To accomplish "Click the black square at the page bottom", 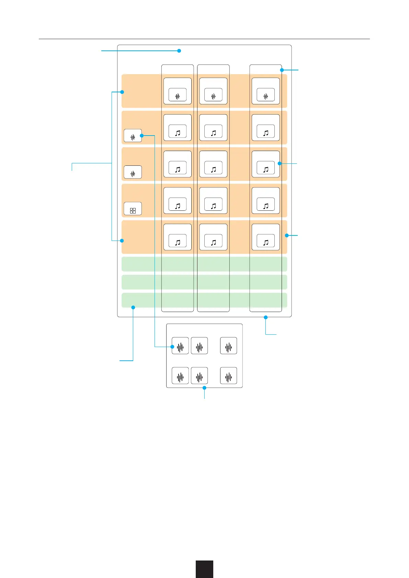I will point(204,569).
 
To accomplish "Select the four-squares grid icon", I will point(133,210).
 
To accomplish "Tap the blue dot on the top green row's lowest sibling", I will point(133,307).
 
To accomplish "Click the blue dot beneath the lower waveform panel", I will point(204,388).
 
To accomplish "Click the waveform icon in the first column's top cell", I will point(178,96).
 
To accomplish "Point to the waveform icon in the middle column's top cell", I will point(213,96).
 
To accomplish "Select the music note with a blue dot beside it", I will point(266,169).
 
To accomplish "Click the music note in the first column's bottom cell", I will point(178,242).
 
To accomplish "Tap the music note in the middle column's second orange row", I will point(213,133).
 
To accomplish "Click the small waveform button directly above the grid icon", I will point(133,174).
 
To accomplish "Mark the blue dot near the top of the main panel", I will point(179,51).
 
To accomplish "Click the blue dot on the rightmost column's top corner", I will point(282,70).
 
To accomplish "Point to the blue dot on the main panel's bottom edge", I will point(265,317).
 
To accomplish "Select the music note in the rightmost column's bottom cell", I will point(266,242).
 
